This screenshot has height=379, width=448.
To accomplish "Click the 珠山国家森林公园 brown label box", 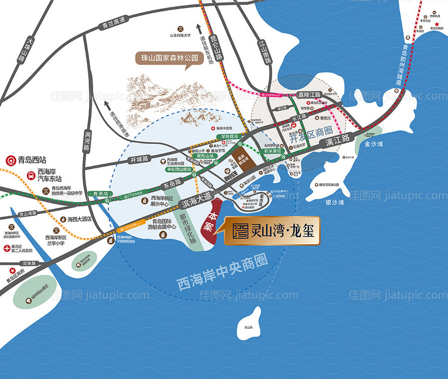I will pyautogui.click(x=170, y=58).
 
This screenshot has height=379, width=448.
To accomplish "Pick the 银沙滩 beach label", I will pyautogui.click(x=335, y=203).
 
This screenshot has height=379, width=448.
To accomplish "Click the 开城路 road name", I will pyautogui.click(x=139, y=159).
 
